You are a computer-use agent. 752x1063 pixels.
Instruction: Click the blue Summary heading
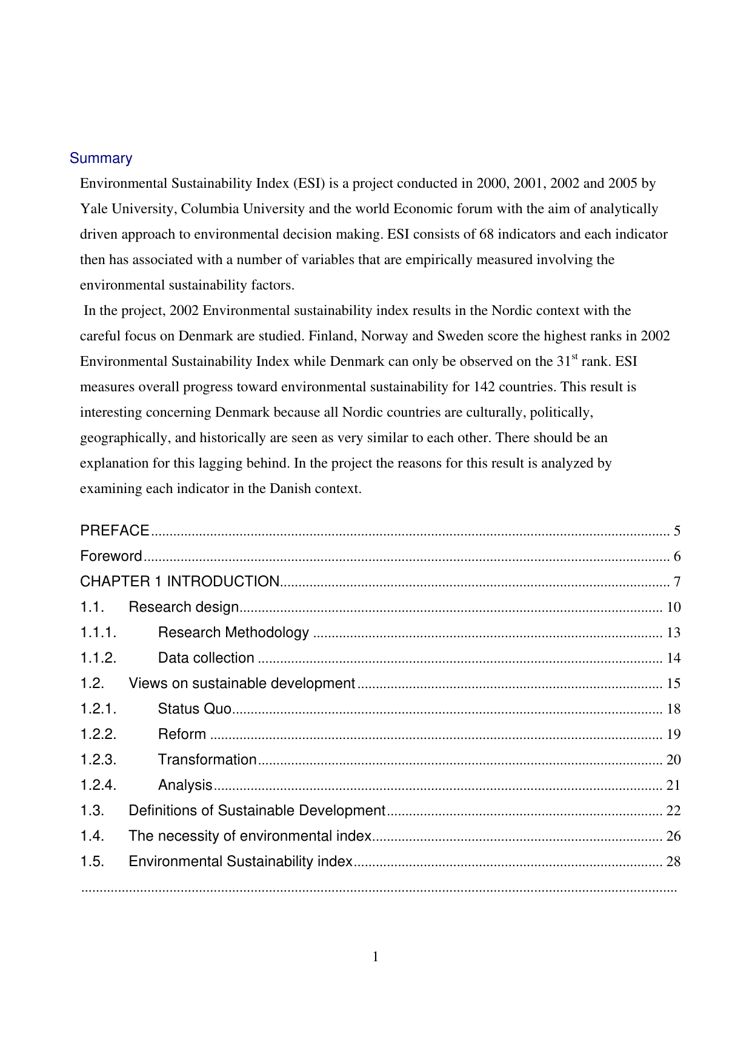(x=101, y=158)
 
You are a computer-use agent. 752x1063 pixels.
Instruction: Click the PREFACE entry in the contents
(x=115, y=531)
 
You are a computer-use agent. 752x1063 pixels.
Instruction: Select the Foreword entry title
(x=111, y=556)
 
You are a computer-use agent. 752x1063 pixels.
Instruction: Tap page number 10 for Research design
(x=673, y=607)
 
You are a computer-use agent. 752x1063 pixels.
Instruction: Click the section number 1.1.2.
(x=98, y=658)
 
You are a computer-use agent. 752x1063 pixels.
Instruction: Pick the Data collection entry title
(x=206, y=658)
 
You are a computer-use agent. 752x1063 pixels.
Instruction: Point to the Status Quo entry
(x=195, y=709)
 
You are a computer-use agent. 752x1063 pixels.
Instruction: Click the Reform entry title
(x=182, y=734)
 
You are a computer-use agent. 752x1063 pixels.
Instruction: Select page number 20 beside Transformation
(x=673, y=760)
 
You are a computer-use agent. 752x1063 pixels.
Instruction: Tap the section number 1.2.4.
(x=98, y=785)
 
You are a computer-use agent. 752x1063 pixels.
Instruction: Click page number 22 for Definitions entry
(x=673, y=810)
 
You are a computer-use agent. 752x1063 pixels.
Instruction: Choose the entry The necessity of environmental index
(x=250, y=836)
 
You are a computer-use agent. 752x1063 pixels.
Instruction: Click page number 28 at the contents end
(x=673, y=861)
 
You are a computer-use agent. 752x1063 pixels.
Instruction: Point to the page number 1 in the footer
(x=376, y=957)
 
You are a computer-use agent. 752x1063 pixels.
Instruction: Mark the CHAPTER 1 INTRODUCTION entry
(x=179, y=581)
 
